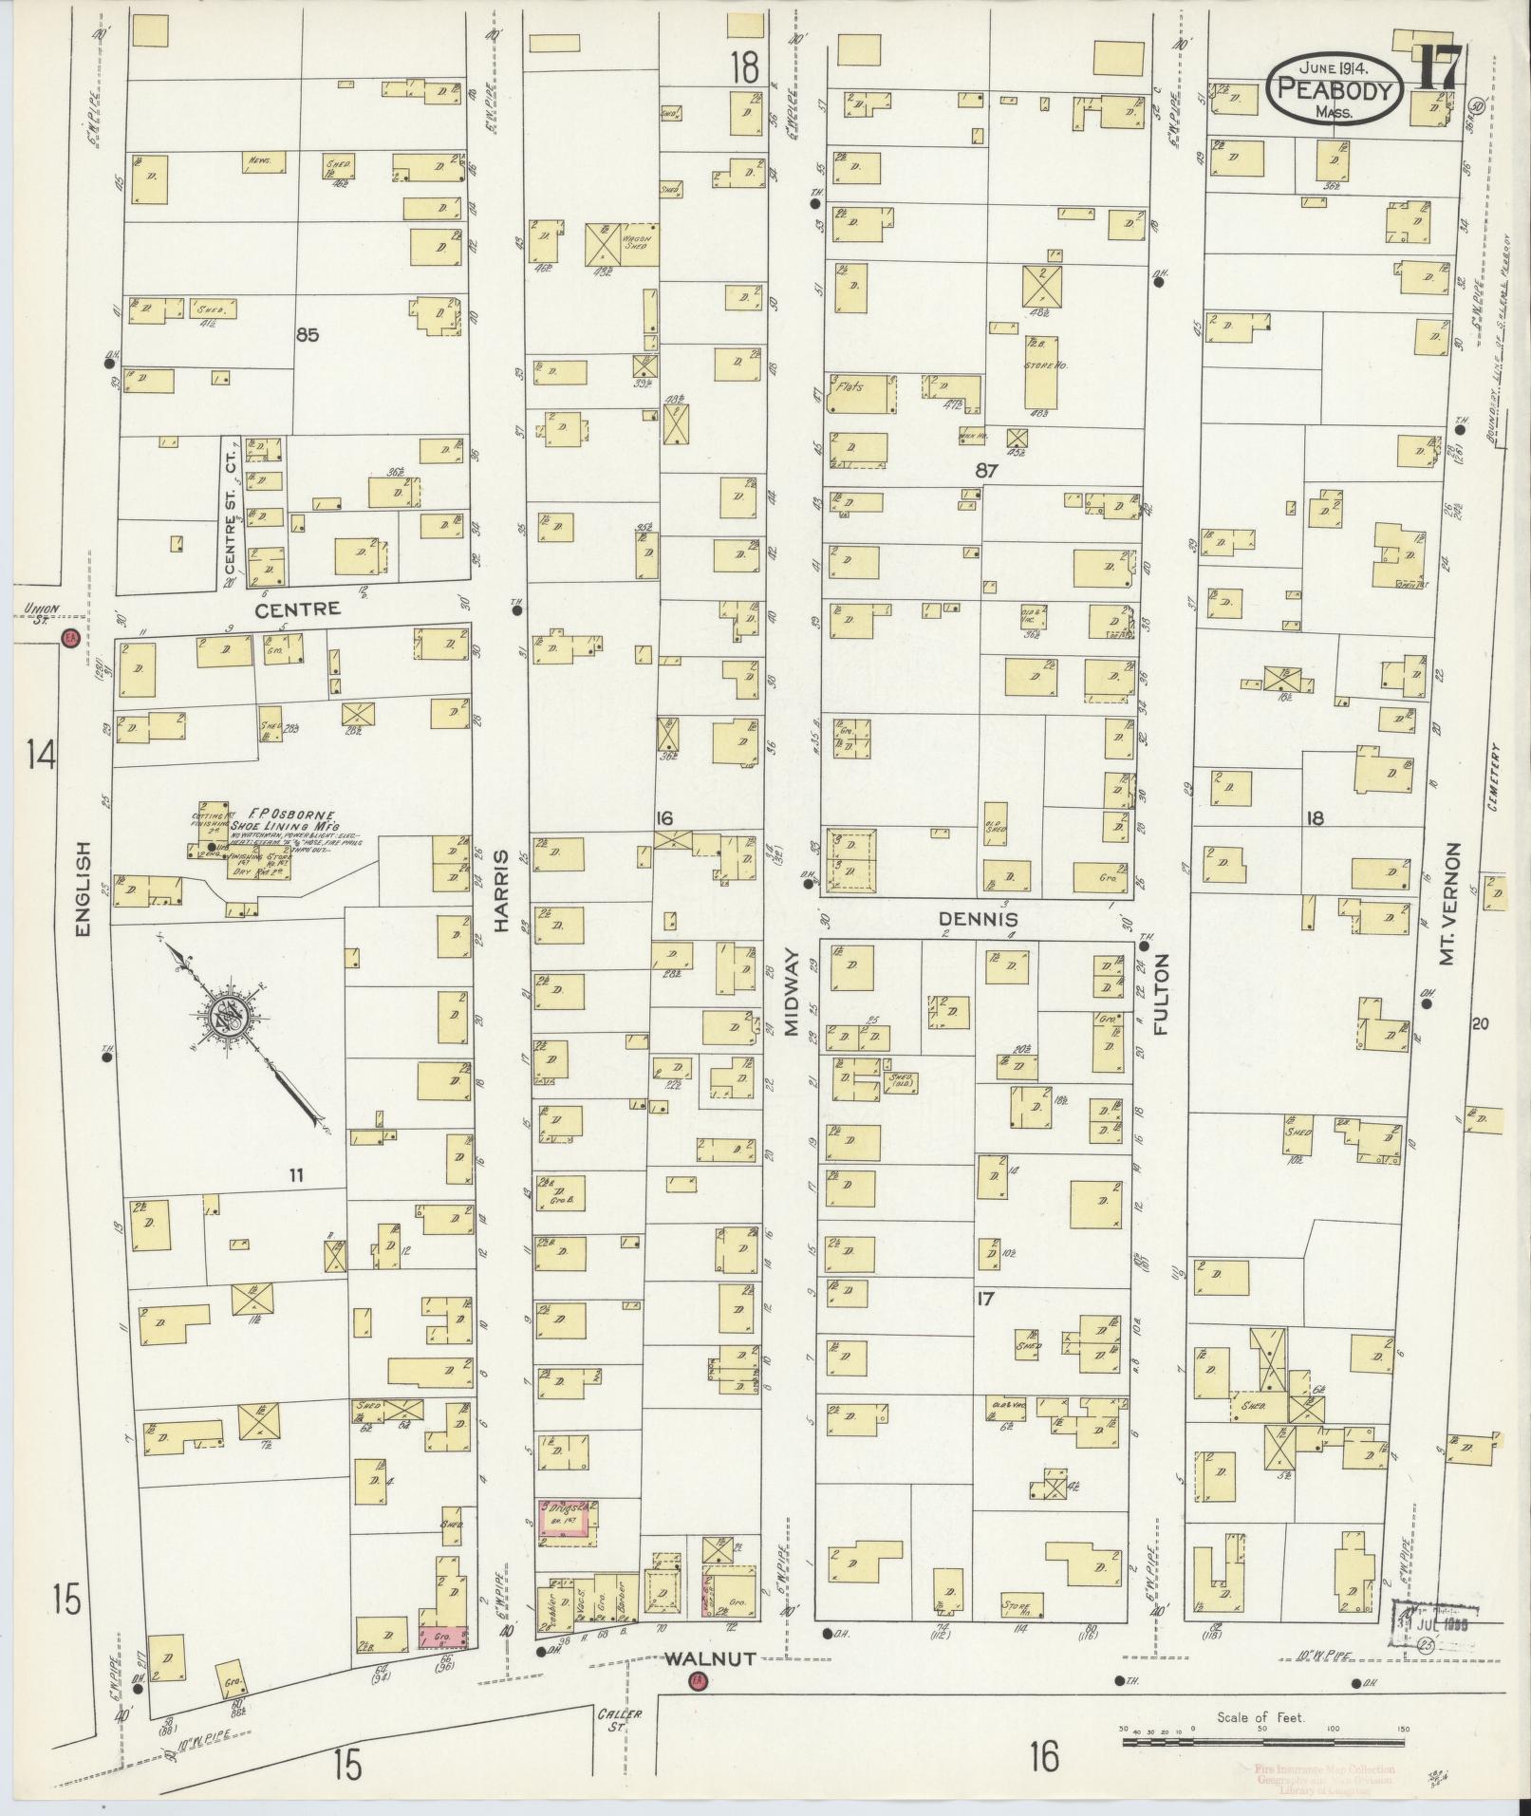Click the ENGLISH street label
[83, 889]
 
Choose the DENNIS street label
[978, 919]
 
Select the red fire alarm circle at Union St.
[68, 639]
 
